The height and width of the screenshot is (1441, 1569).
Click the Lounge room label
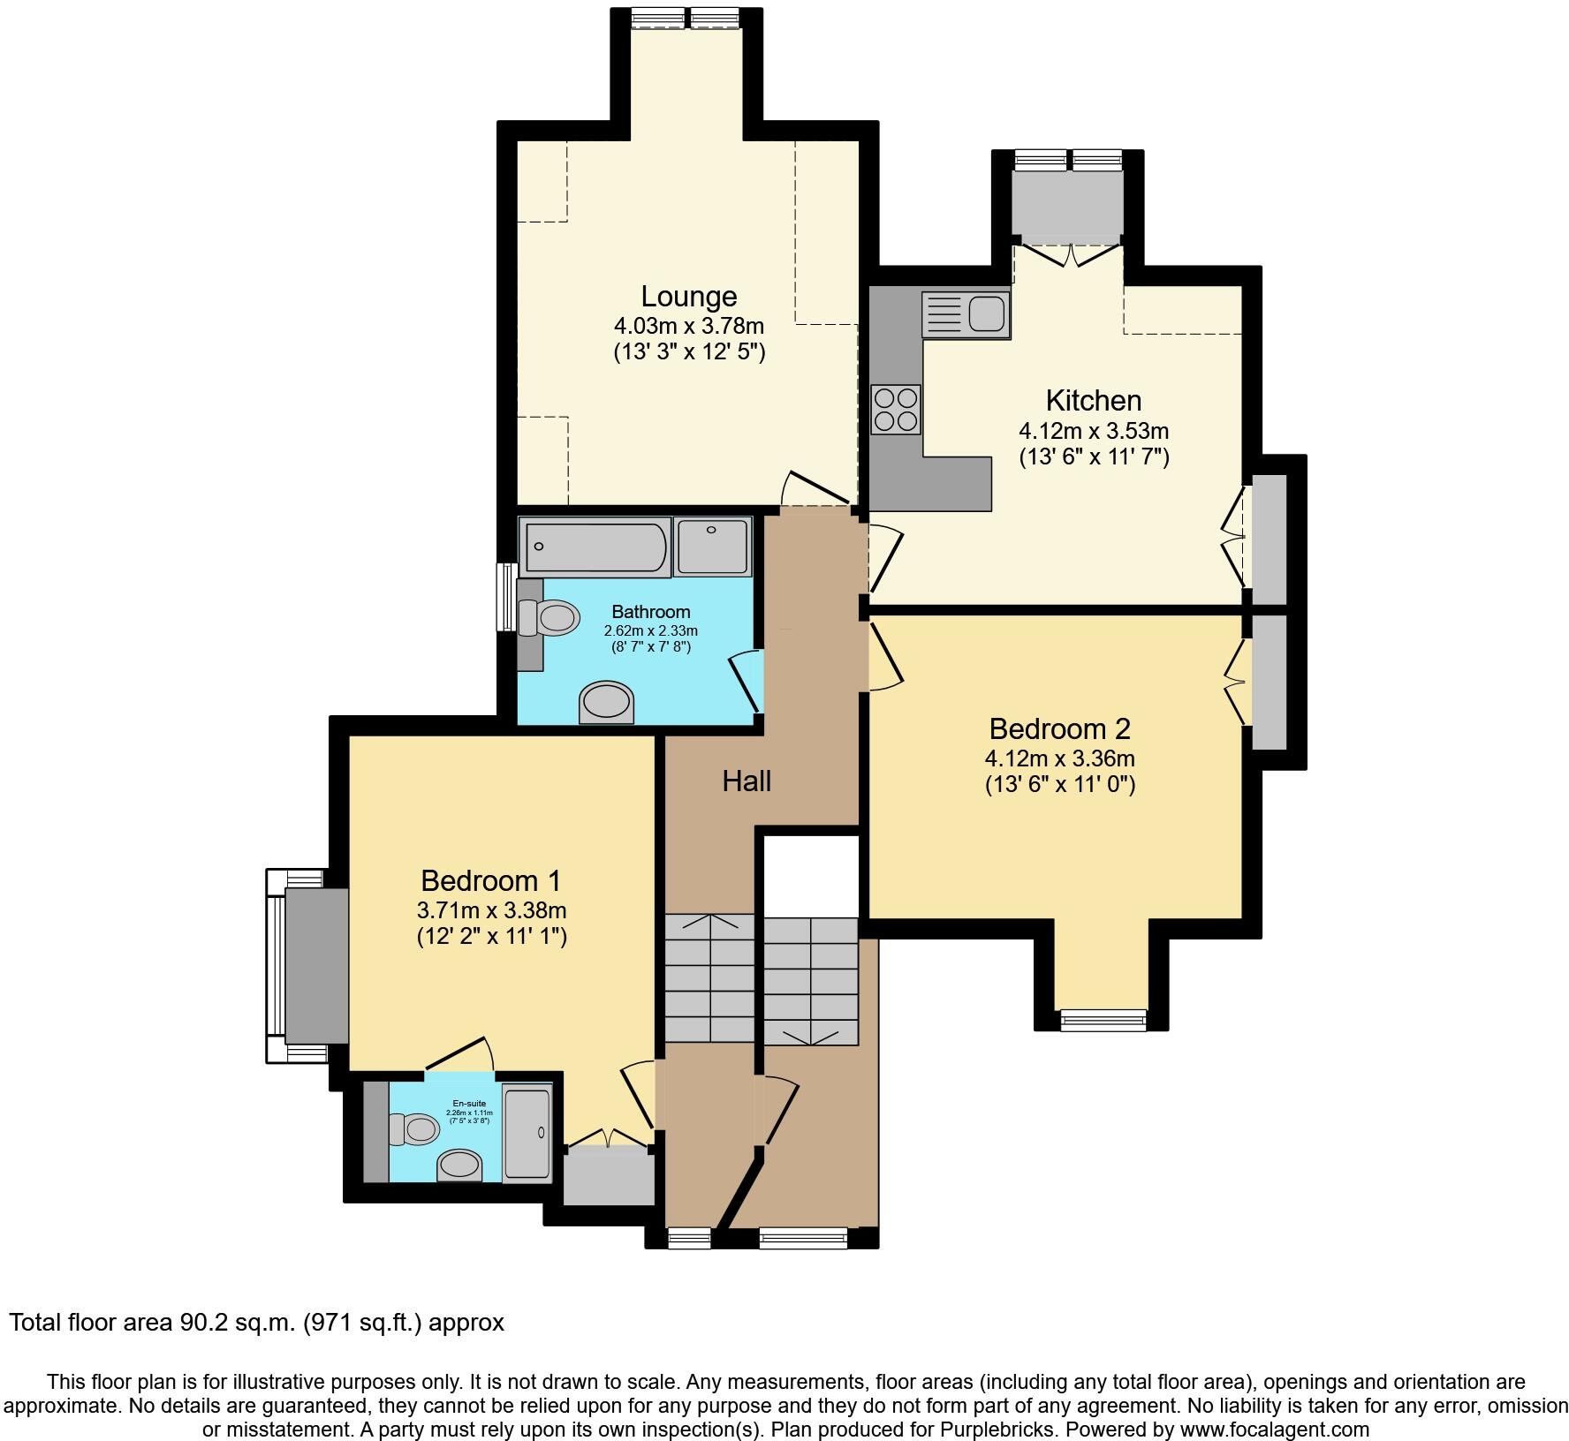coord(688,297)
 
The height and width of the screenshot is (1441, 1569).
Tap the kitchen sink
coord(966,315)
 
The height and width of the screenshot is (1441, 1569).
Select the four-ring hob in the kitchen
coord(896,411)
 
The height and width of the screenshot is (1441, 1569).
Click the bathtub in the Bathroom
coord(595,547)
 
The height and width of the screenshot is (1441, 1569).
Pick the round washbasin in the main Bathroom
coord(607,703)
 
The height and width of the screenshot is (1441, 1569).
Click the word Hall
coord(747,781)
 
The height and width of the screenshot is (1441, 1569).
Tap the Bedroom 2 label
coord(1059,729)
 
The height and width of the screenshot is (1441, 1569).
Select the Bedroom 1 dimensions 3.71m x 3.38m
coord(491,910)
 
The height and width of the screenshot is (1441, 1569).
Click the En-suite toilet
coord(416,1129)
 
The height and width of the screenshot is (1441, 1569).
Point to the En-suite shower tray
coord(527,1133)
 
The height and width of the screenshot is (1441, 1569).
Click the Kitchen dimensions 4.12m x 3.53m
coord(1094,431)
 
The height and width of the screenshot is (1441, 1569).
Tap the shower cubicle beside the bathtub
coord(712,547)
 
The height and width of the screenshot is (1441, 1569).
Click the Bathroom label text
coord(650,612)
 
